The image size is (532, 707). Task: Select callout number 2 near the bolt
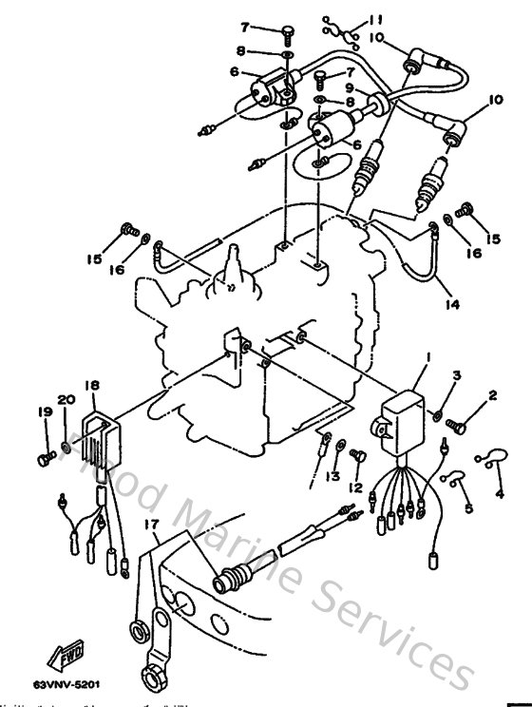point(493,394)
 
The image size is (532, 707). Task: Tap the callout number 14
point(456,376)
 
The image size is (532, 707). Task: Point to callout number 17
point(500,493)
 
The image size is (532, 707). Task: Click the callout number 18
point(466,509)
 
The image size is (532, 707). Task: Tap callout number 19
point(44,413)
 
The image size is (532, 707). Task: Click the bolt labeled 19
point(44,460)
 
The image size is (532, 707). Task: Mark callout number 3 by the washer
point(456,376)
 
